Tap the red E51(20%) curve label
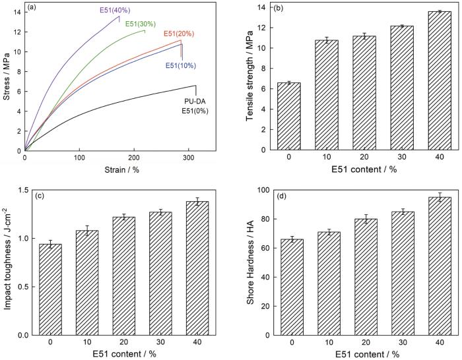click(178, 34)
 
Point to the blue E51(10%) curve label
click(180, 66)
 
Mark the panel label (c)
click(31, 195)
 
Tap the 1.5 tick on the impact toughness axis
click(15, 190)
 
